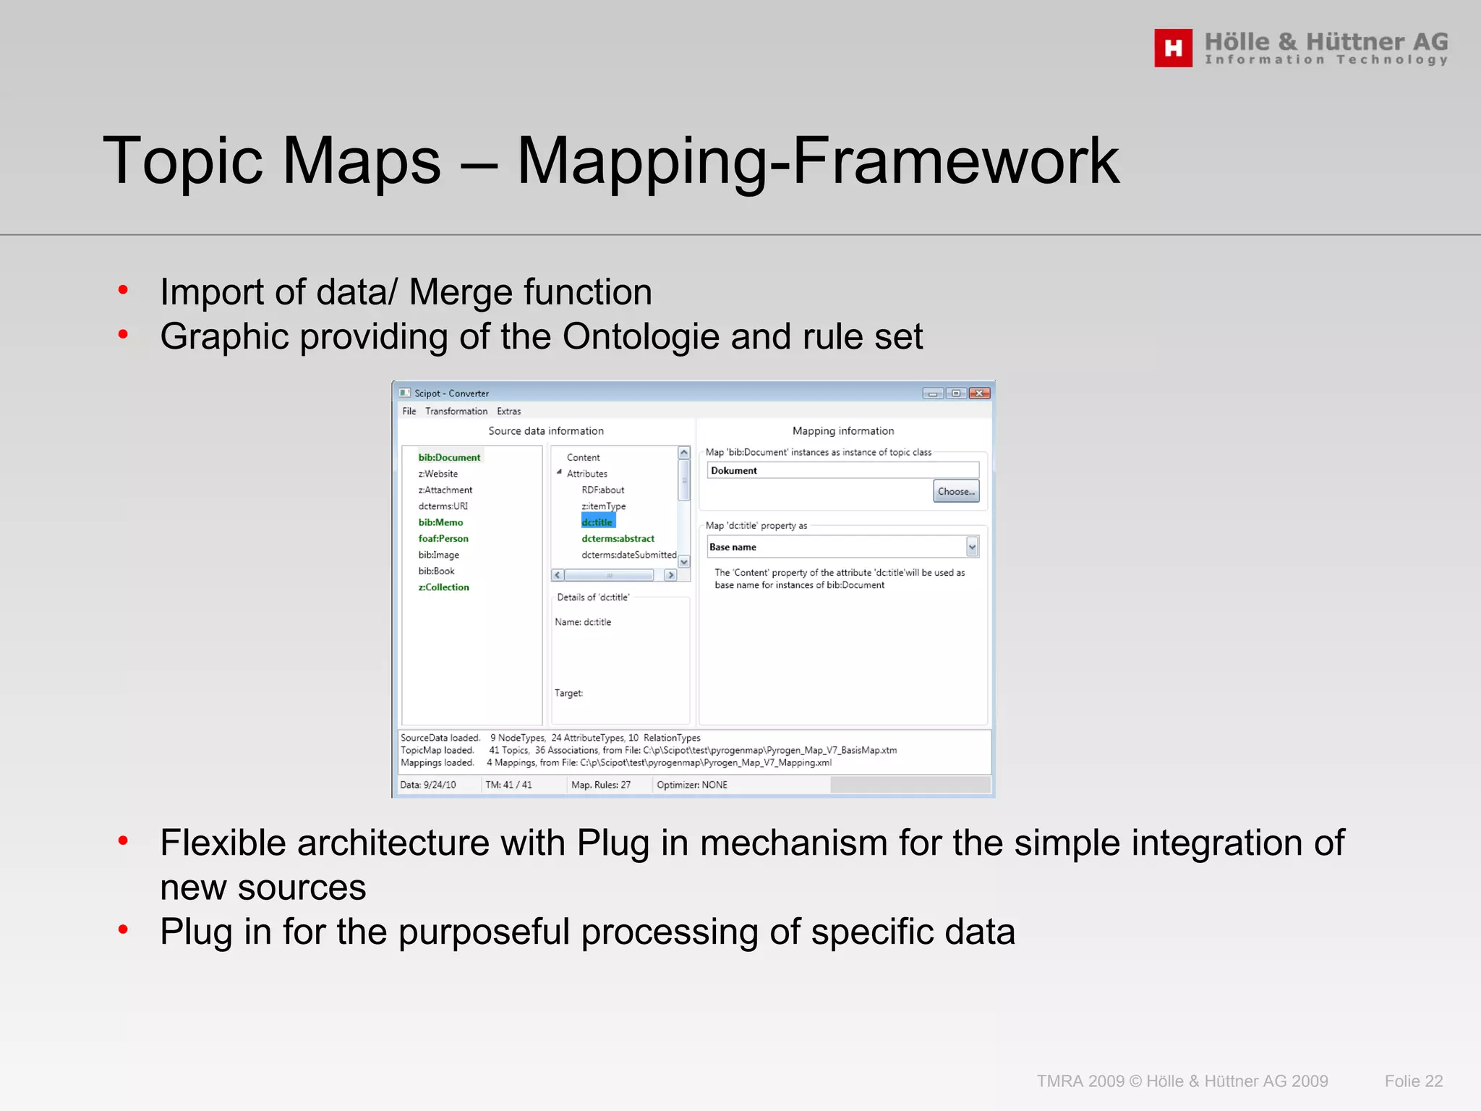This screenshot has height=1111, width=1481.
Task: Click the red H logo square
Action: click(1173, 48)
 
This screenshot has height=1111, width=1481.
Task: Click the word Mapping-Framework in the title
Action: click(818, 161)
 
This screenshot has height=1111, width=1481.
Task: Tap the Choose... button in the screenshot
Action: click(955, 491)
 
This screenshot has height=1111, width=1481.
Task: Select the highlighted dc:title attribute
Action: click(597, 522)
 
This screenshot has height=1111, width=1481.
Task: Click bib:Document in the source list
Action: click(449, 457)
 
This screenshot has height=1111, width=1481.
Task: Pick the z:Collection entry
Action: click(443, 587)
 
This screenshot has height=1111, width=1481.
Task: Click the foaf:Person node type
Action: click(443, 538)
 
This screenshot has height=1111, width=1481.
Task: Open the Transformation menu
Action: click(456, 412)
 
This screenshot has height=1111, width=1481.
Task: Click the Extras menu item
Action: click(508, 412)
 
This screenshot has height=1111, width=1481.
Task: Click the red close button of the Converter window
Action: click(979, 393)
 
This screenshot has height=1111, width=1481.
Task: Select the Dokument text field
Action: click(842, 470)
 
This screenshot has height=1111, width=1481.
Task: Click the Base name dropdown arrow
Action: click(972, 548)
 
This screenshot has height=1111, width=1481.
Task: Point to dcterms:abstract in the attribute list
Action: click(618, 538)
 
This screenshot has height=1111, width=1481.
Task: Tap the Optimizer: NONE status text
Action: click(691, 785)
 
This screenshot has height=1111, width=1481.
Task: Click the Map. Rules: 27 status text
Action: click(600, 785)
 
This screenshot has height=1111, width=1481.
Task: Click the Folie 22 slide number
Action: click(1413, 1081)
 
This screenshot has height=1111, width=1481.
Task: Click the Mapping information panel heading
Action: click(842, 431)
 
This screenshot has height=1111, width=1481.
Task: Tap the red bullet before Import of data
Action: click(123, 290)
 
